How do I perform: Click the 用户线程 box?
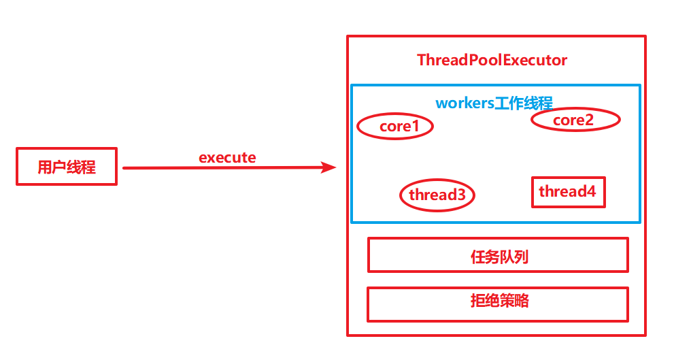[x=67, y=166]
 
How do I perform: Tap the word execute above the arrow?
[x=227, y=158]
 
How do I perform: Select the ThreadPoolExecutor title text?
[x=492, y=60]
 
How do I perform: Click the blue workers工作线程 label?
[x=494, y=103]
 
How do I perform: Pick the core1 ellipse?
[x=395, y=127]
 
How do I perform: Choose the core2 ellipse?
[x=575, y=120]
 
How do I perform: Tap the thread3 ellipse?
[x=437, y=195]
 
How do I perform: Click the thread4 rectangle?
[x=567, y=192]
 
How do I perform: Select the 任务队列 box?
[x=498, y=255]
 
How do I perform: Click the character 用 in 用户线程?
[x=45, y=167]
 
